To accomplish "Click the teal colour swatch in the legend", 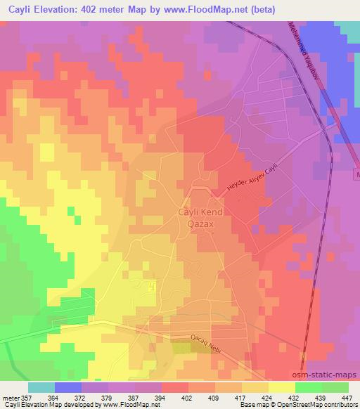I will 41,387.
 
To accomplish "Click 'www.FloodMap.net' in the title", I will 207,9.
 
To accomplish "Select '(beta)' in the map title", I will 260,9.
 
